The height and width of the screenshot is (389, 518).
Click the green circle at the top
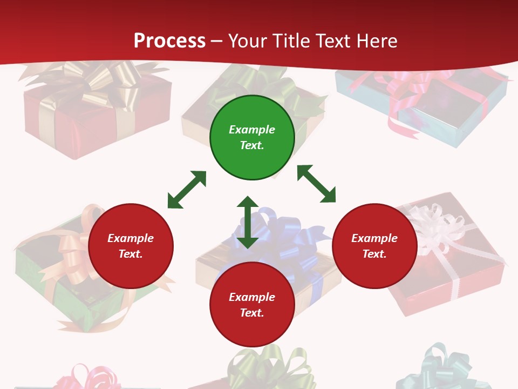(x=252, y=138)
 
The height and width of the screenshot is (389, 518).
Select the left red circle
(x=131, y=246)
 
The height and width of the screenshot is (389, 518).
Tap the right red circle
(x=374, y=246)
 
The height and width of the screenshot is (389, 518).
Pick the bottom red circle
(x=252, y=305)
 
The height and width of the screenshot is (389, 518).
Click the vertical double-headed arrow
(x=248, y=222)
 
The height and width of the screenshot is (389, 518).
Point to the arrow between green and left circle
(x=187, y=190)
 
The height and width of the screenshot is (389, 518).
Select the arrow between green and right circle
(x=317, y=184)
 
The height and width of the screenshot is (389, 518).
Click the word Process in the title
(x=169, y=41)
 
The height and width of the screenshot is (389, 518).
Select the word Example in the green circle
(x=252, y=130)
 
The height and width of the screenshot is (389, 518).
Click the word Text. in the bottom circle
(x=252, y=313)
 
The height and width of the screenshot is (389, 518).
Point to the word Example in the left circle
(x=131, y=238)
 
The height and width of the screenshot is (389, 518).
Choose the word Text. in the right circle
(x=374, y=254)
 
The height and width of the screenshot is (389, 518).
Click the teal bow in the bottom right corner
(x=440, y=367)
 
